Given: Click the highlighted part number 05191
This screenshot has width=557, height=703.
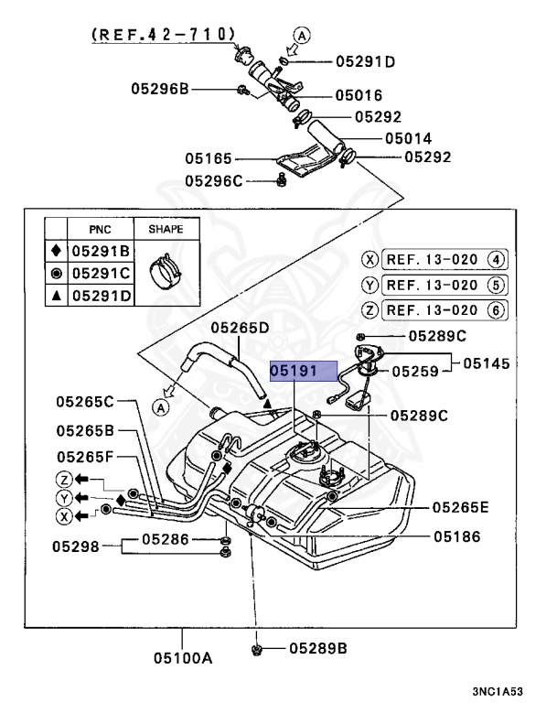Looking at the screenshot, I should click(x=303, y=372).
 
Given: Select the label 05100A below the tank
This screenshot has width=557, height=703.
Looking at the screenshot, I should click(x=182, y=657).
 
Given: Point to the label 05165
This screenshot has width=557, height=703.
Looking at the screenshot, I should click(x=209, y=157).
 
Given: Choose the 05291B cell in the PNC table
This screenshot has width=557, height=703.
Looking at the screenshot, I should click(x=101, y=251).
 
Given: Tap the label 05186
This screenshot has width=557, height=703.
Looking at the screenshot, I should click(x=457, y=536).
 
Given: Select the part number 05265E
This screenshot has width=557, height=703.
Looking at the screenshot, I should click(x=461, y=506).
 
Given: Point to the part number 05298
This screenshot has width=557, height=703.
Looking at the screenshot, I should click(x=75, y=546).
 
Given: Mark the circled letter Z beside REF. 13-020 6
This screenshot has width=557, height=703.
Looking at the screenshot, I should click(x=370, y=309).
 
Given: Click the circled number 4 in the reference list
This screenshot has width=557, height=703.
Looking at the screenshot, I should click(x=496, y=259).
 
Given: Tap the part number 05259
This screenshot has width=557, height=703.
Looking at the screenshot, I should click(x=417, y=372).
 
